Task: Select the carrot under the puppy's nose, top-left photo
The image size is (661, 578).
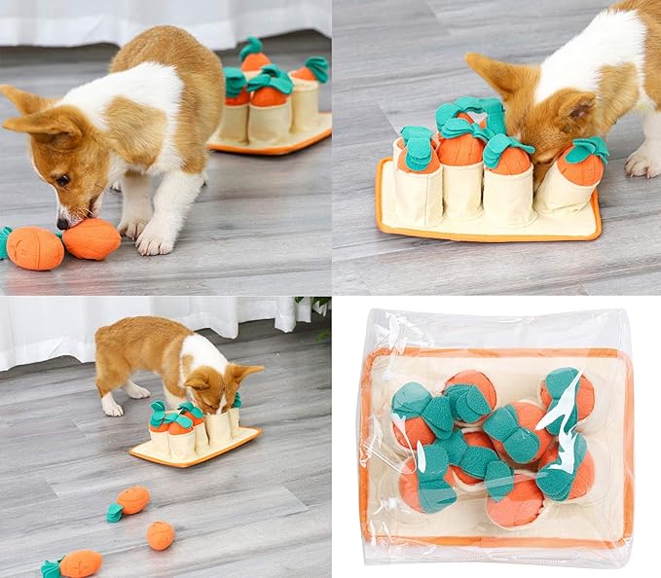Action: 92,238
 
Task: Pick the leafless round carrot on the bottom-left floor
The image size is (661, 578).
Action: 160,535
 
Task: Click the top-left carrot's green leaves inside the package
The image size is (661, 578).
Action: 411,400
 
